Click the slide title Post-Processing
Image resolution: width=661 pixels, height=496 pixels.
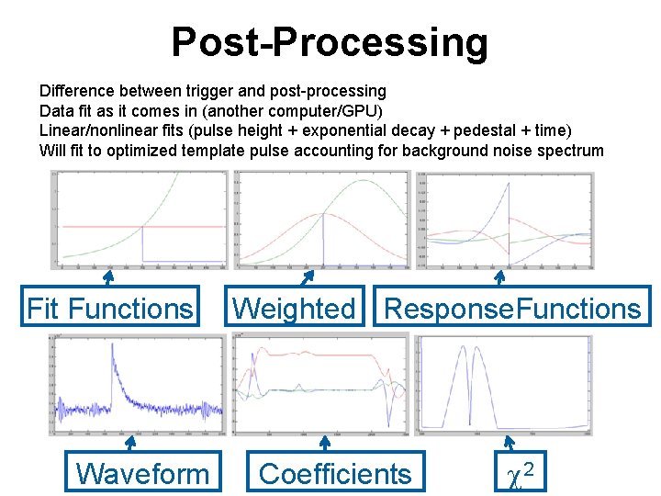[x=330, y=42]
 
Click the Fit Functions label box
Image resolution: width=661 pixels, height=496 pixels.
[x=110, y=309]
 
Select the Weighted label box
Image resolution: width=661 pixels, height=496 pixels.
[x=294, y=309]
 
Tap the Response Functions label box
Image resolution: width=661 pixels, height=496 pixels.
[x=512, y=309]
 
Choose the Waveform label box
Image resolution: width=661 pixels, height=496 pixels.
[x=142, y=473]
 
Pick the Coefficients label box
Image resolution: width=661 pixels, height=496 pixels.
[x=335, y=473]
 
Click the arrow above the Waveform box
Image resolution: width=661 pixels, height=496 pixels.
[x=132, y=444]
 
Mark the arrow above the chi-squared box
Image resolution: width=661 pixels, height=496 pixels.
[x=501, y=444]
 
